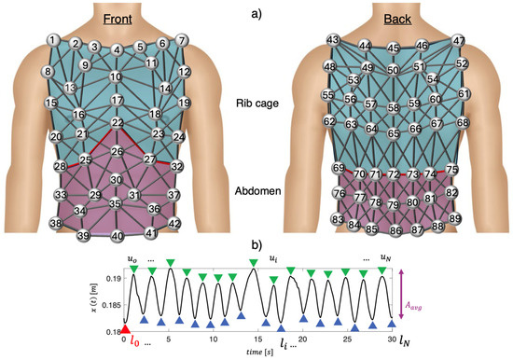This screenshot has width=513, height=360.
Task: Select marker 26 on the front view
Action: (117, 151)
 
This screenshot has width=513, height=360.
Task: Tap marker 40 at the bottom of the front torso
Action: (117, 237)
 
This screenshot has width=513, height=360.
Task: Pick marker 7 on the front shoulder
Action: (182, 40)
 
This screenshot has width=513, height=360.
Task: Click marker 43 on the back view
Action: (333, 39)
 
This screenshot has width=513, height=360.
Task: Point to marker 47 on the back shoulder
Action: (459, 41)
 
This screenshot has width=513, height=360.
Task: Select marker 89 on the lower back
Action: (455, 218)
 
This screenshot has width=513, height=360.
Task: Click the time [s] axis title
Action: (257, 349)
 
